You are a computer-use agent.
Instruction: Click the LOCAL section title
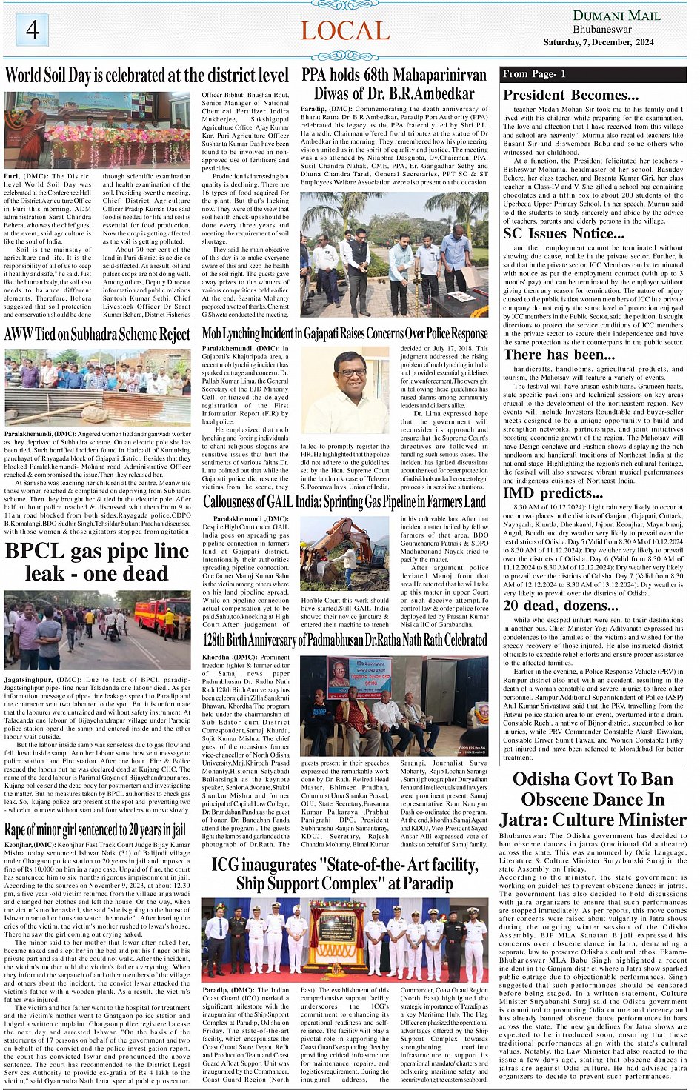[344, 31]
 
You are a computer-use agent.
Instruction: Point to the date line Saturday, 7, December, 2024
[598, 42]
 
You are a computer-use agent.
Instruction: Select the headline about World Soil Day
[147, 76]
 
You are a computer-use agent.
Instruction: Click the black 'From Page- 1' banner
[593, 74]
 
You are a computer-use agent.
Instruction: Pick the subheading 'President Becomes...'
[570, 95]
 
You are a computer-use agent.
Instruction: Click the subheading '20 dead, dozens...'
[561, 606]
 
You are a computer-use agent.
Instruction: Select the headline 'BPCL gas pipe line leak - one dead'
[97, 562]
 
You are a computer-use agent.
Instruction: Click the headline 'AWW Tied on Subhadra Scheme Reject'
[97, 335]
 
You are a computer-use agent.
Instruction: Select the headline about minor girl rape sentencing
[95, 829]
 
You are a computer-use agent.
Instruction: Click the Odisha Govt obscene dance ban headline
[593, 799]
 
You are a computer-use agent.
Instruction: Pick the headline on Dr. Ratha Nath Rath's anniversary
[344, 640]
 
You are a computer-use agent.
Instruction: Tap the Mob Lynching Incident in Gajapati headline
[344, 334]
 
